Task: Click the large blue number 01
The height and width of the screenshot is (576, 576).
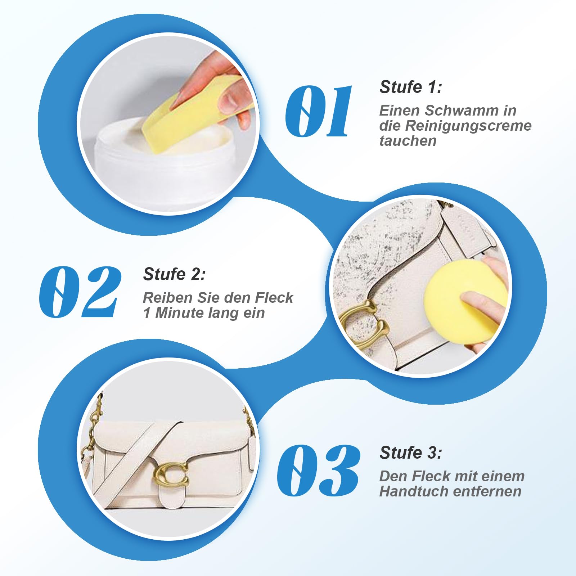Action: coord(318,112)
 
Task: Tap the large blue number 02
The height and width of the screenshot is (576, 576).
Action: coord(80,292)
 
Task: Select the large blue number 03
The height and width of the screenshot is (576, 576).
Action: coord(318,471)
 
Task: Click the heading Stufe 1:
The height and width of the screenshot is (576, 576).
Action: coord(411,87)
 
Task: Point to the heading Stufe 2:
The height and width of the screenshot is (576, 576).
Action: coord(174,274)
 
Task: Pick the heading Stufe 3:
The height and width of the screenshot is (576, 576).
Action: coord(411,453)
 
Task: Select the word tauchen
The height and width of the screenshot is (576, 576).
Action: coord(408,141)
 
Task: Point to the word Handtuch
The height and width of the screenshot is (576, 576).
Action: coord(408,491)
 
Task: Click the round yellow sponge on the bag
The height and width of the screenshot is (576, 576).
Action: coord(464,301)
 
